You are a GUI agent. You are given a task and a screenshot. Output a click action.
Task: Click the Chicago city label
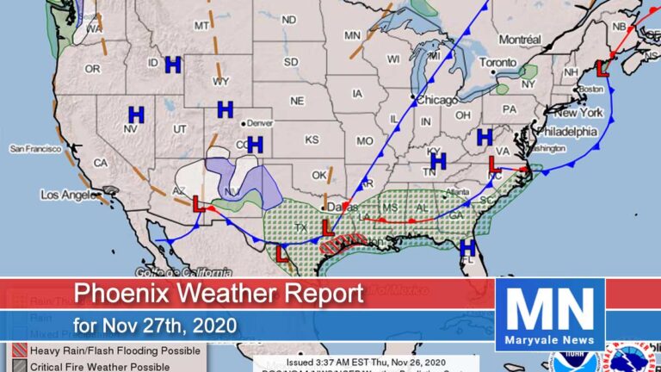pyautogui.click(x=437, y=100)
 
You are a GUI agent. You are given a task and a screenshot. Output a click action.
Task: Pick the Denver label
pyautogui.click(x=262, y=122)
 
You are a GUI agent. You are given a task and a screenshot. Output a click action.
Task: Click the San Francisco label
pyautogui.click(x=35, y=148)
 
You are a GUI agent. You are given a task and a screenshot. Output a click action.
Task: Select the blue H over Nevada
pyautogui.click(x=136, y=114)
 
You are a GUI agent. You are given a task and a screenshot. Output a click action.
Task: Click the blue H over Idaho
pyautogui.click(x=172, y=64)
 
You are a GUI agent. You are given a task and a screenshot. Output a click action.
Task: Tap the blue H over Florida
pyautogui.click(x=467, y=247)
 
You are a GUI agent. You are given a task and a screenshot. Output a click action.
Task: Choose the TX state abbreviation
pyautogui.click(x=300, y=228)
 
